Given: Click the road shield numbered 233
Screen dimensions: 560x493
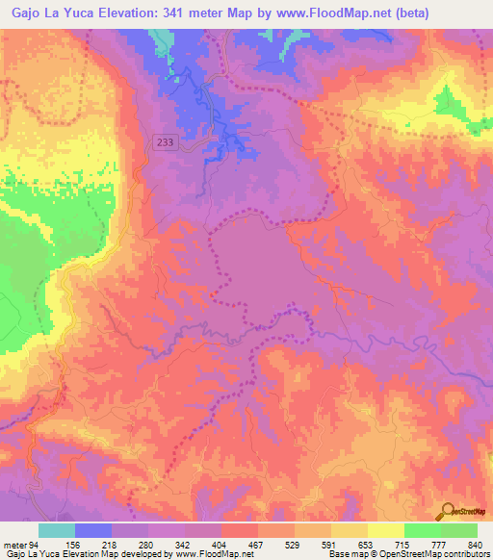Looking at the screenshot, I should [166, 141].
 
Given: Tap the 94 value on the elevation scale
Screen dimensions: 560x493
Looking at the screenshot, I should [38, 546].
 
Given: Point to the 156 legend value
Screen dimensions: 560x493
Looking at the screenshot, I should [74, 546].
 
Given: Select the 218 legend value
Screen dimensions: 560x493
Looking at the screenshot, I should [112, 546].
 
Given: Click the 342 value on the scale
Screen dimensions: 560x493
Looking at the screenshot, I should [184, 546].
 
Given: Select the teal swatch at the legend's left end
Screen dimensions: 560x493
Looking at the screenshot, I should [57, 530].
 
